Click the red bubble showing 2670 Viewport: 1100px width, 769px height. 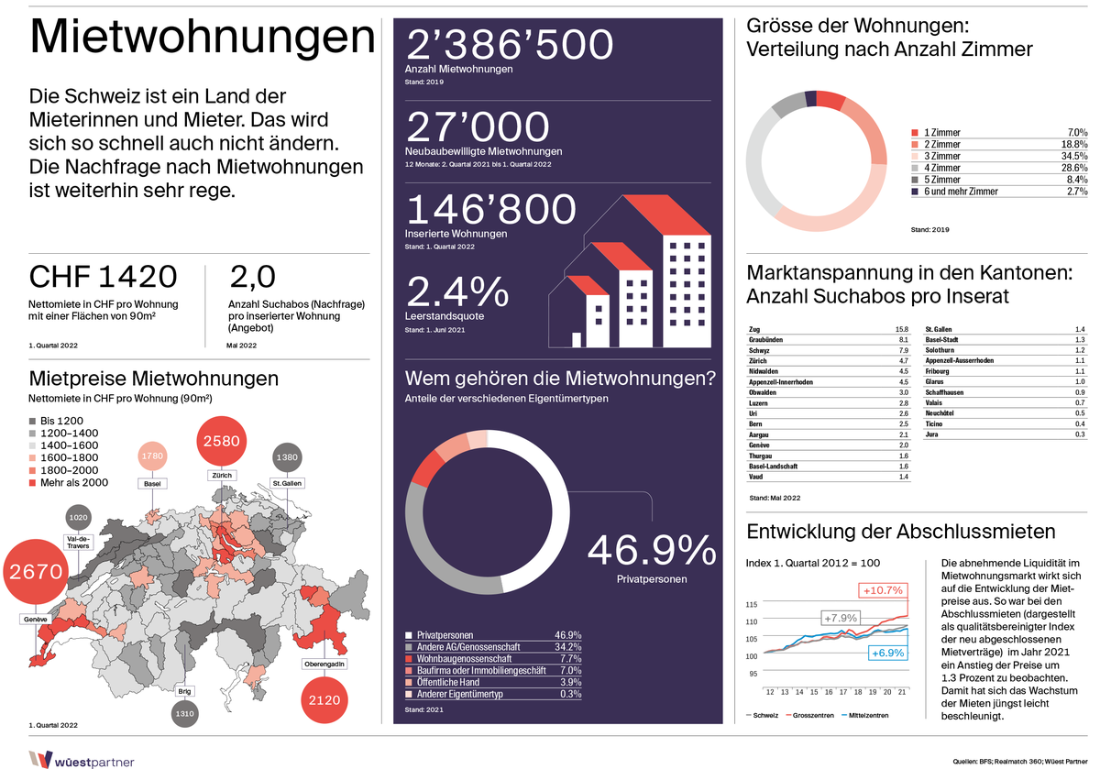36,572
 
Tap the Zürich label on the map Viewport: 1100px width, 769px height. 221,476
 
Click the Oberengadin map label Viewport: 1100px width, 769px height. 324,663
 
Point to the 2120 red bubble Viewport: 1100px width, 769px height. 325,700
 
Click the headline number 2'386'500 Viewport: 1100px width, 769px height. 509,46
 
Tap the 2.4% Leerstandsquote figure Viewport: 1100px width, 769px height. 456,292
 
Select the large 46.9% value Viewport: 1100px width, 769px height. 652,550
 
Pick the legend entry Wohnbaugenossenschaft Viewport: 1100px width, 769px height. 464,658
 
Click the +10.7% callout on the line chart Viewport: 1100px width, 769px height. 882,589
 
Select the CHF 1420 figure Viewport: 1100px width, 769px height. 103,277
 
